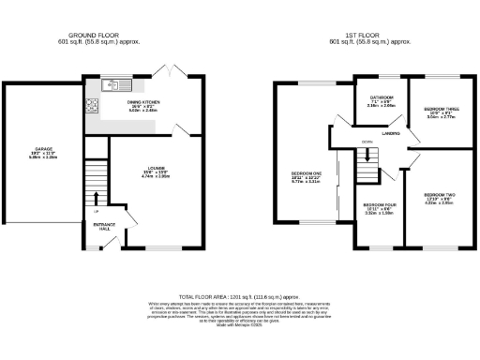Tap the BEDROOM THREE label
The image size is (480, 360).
click(x=439, y=109)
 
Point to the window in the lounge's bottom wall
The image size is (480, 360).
click(x=155, y=248)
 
